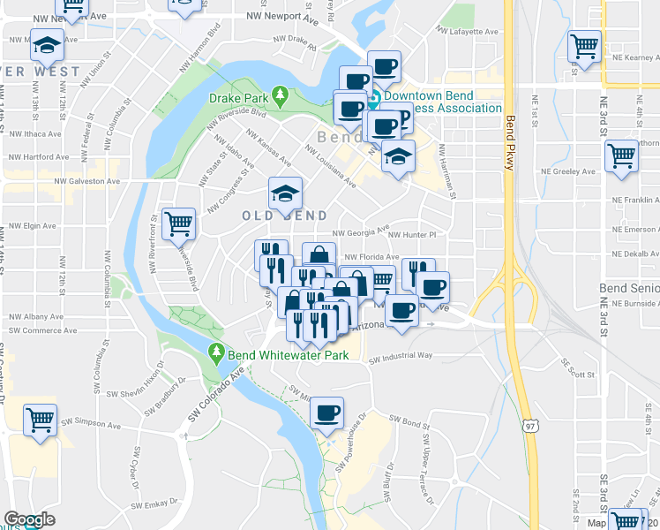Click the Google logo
[29, 520]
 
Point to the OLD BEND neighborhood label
[285, 216]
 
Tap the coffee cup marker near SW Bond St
[326, 413]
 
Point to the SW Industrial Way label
[401, 357]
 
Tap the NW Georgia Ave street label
[361, 231]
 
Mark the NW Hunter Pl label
[412, 235]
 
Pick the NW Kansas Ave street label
[268, 147]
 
